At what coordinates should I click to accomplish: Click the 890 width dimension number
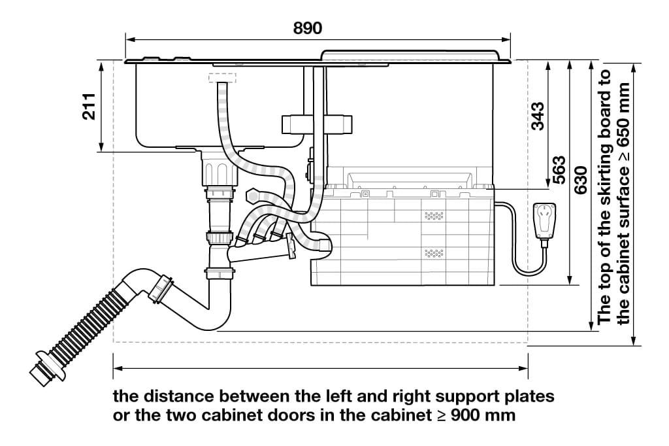[308, 28]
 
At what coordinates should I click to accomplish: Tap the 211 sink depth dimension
[89, 106]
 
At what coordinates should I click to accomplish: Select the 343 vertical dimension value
[538, 116]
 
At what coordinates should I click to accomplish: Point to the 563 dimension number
[559, 169]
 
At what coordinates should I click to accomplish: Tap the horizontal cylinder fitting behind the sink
[316, 124]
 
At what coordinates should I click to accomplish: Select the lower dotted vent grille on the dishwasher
[433, 252]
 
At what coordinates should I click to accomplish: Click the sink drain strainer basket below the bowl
[218, 171]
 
